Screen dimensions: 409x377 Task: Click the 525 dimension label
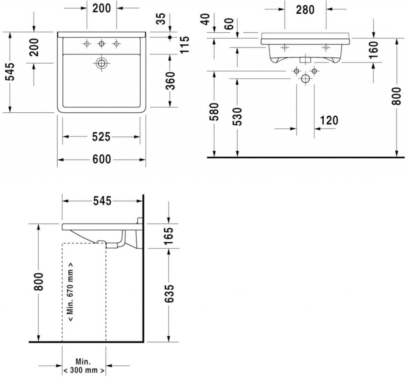click(x=101, y=137)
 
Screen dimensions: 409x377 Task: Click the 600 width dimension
click(x=102, y=159)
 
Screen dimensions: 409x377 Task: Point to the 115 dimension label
click(x=185, y=45)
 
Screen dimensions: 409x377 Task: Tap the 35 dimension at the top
click(x=162, y=19)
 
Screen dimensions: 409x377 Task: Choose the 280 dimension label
click(x=305, y=10)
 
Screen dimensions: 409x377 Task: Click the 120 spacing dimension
click(x=329, y=120)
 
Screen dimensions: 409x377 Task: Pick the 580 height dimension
click(x=214, y=112)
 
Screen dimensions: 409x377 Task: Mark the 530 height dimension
click(x=238, y=116)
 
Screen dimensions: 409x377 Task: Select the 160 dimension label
click(x=374, y=50)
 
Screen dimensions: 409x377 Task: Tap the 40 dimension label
click(x=206, y=19)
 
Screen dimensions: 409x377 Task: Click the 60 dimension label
click(x=229, y=24)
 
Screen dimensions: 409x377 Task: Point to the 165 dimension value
click(x=169, y=236)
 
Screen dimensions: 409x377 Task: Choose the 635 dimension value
click(x=169, y=293)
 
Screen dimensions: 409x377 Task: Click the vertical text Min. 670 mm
click(x=70, y=292)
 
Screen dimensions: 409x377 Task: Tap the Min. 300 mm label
click(x=83, y=366)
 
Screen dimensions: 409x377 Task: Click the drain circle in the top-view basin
click(x=101, y=63)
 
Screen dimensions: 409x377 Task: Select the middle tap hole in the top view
click(x=101, y=44)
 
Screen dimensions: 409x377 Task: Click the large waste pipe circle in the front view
click(x=305, y=78)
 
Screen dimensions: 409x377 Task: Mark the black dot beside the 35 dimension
click(x=170, y=37)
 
